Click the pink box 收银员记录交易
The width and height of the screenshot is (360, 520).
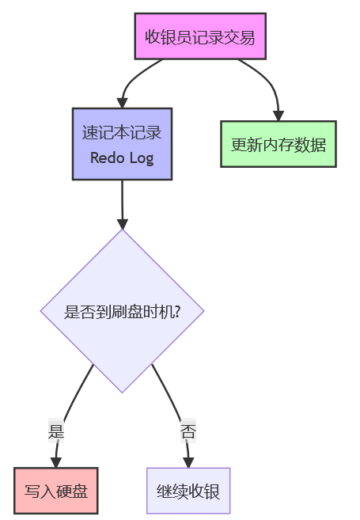click(200, 36)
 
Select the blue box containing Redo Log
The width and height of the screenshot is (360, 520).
click(123, 144)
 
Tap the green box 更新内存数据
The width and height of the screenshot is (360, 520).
click(279, 144)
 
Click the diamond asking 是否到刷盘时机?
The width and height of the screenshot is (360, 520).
click(123, 311)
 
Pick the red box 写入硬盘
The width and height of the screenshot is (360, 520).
click(56, 491)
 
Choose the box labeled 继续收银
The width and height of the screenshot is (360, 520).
click(188, 491)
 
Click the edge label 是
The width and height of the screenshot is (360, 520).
click(56, 431)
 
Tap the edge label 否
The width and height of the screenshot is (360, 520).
click(188, 431)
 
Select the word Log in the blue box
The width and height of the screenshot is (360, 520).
click(142, 158)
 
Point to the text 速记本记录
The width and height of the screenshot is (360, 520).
click(122, 132)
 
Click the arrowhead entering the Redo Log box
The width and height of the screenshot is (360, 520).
click(123, 103)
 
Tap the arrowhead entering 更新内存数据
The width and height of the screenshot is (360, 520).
click(279, 116)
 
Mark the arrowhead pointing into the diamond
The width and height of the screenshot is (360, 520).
click(123, 224)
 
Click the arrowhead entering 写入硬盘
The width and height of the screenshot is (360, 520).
click(55, 463)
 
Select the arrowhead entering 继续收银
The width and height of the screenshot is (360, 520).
click(188, 463)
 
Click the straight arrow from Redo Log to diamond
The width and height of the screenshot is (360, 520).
click(123, 205)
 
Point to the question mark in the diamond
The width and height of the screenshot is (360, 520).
click(177, 312)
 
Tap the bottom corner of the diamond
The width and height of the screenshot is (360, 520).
click(123, 393)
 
